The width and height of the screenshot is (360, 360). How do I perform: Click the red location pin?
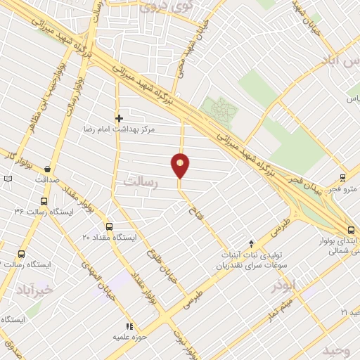click(181, 165)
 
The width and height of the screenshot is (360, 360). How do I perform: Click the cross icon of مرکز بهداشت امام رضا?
click(119, 118)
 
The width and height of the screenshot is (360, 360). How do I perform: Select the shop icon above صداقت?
click(47, 169)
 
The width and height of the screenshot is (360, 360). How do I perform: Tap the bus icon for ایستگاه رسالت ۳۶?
click(44, 201)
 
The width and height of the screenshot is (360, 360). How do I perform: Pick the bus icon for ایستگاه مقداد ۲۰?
click(108, 227)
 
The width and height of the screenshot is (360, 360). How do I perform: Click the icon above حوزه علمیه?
click(128, 326)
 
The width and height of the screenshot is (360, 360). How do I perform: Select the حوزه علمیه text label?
click(129, 337)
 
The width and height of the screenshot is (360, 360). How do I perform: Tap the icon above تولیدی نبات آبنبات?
click(252, 243)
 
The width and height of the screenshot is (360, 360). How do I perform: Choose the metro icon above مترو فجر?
click(342, 178)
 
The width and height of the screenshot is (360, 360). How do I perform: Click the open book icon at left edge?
click(8, 179)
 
